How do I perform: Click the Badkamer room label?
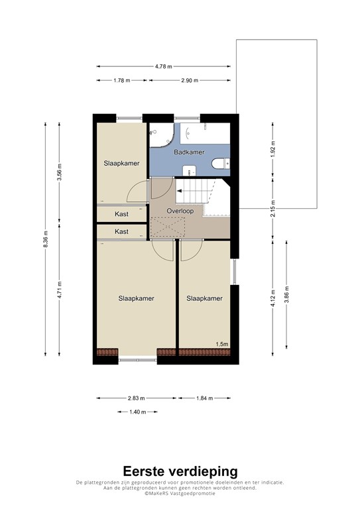click(189, 152)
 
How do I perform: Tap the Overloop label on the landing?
click(180, 211)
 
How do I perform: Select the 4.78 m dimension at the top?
click(163, 66)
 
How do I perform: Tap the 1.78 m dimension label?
click(121, 80)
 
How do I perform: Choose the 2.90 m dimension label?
click(190, 80)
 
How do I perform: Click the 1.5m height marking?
click(221, 344)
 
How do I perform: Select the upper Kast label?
click(121, 214)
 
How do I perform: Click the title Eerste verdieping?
click(180, 471)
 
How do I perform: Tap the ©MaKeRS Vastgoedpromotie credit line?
click(180, 494)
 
